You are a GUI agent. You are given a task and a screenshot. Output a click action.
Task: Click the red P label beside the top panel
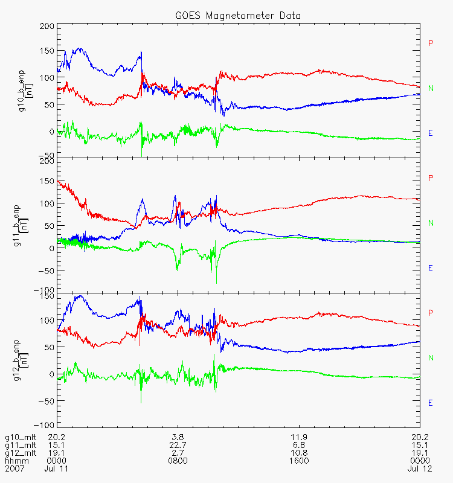[431, 43]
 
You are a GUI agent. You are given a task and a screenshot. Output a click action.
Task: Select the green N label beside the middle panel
[431, 223]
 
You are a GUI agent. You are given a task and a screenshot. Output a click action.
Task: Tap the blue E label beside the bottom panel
[431, 403]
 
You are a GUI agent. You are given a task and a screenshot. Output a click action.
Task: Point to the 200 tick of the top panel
[47, 26]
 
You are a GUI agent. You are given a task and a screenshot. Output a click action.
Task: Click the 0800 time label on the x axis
[178, 460]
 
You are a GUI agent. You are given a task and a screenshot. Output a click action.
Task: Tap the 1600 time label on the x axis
[299, 460]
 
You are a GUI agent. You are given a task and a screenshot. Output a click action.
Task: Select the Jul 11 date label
[56, 468]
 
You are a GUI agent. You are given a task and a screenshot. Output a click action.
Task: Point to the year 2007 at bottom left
[14, 468]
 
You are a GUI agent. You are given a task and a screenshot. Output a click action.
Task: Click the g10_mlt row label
[19, 437]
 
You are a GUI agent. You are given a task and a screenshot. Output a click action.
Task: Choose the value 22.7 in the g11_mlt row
[178, 444]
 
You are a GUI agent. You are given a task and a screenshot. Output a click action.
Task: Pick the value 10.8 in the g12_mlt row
[299, 452]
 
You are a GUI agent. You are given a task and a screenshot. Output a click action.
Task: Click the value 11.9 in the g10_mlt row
[299, 437]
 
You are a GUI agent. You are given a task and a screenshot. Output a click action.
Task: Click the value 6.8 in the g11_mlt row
[299, 444]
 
